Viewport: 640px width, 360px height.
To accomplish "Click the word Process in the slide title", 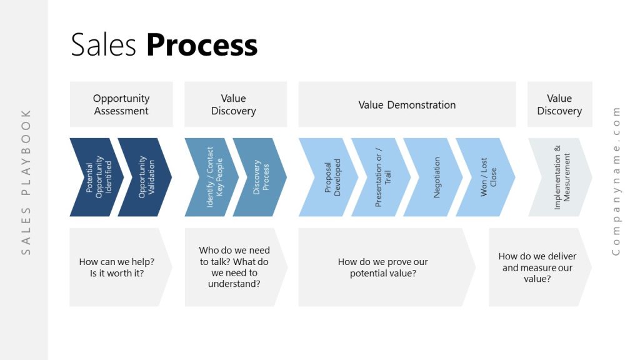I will click(202, 46).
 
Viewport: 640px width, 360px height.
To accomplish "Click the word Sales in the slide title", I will click(104, 46).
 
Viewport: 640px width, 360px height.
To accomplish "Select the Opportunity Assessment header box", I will click(121, 104).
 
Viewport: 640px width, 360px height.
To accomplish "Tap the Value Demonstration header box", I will click(407, 104).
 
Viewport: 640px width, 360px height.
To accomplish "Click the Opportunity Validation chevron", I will click(146, 177).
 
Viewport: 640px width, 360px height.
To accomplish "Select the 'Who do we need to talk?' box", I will click(234, 267).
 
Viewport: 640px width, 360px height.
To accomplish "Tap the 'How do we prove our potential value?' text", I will click(382, 267).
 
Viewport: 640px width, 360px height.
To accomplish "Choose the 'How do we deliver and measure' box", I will click(537, 267).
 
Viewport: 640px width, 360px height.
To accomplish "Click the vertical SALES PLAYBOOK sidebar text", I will click(26, 181).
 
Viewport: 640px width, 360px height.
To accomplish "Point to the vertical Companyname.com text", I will click(616, 181).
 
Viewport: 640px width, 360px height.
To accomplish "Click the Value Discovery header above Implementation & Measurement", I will click(559, 104).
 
